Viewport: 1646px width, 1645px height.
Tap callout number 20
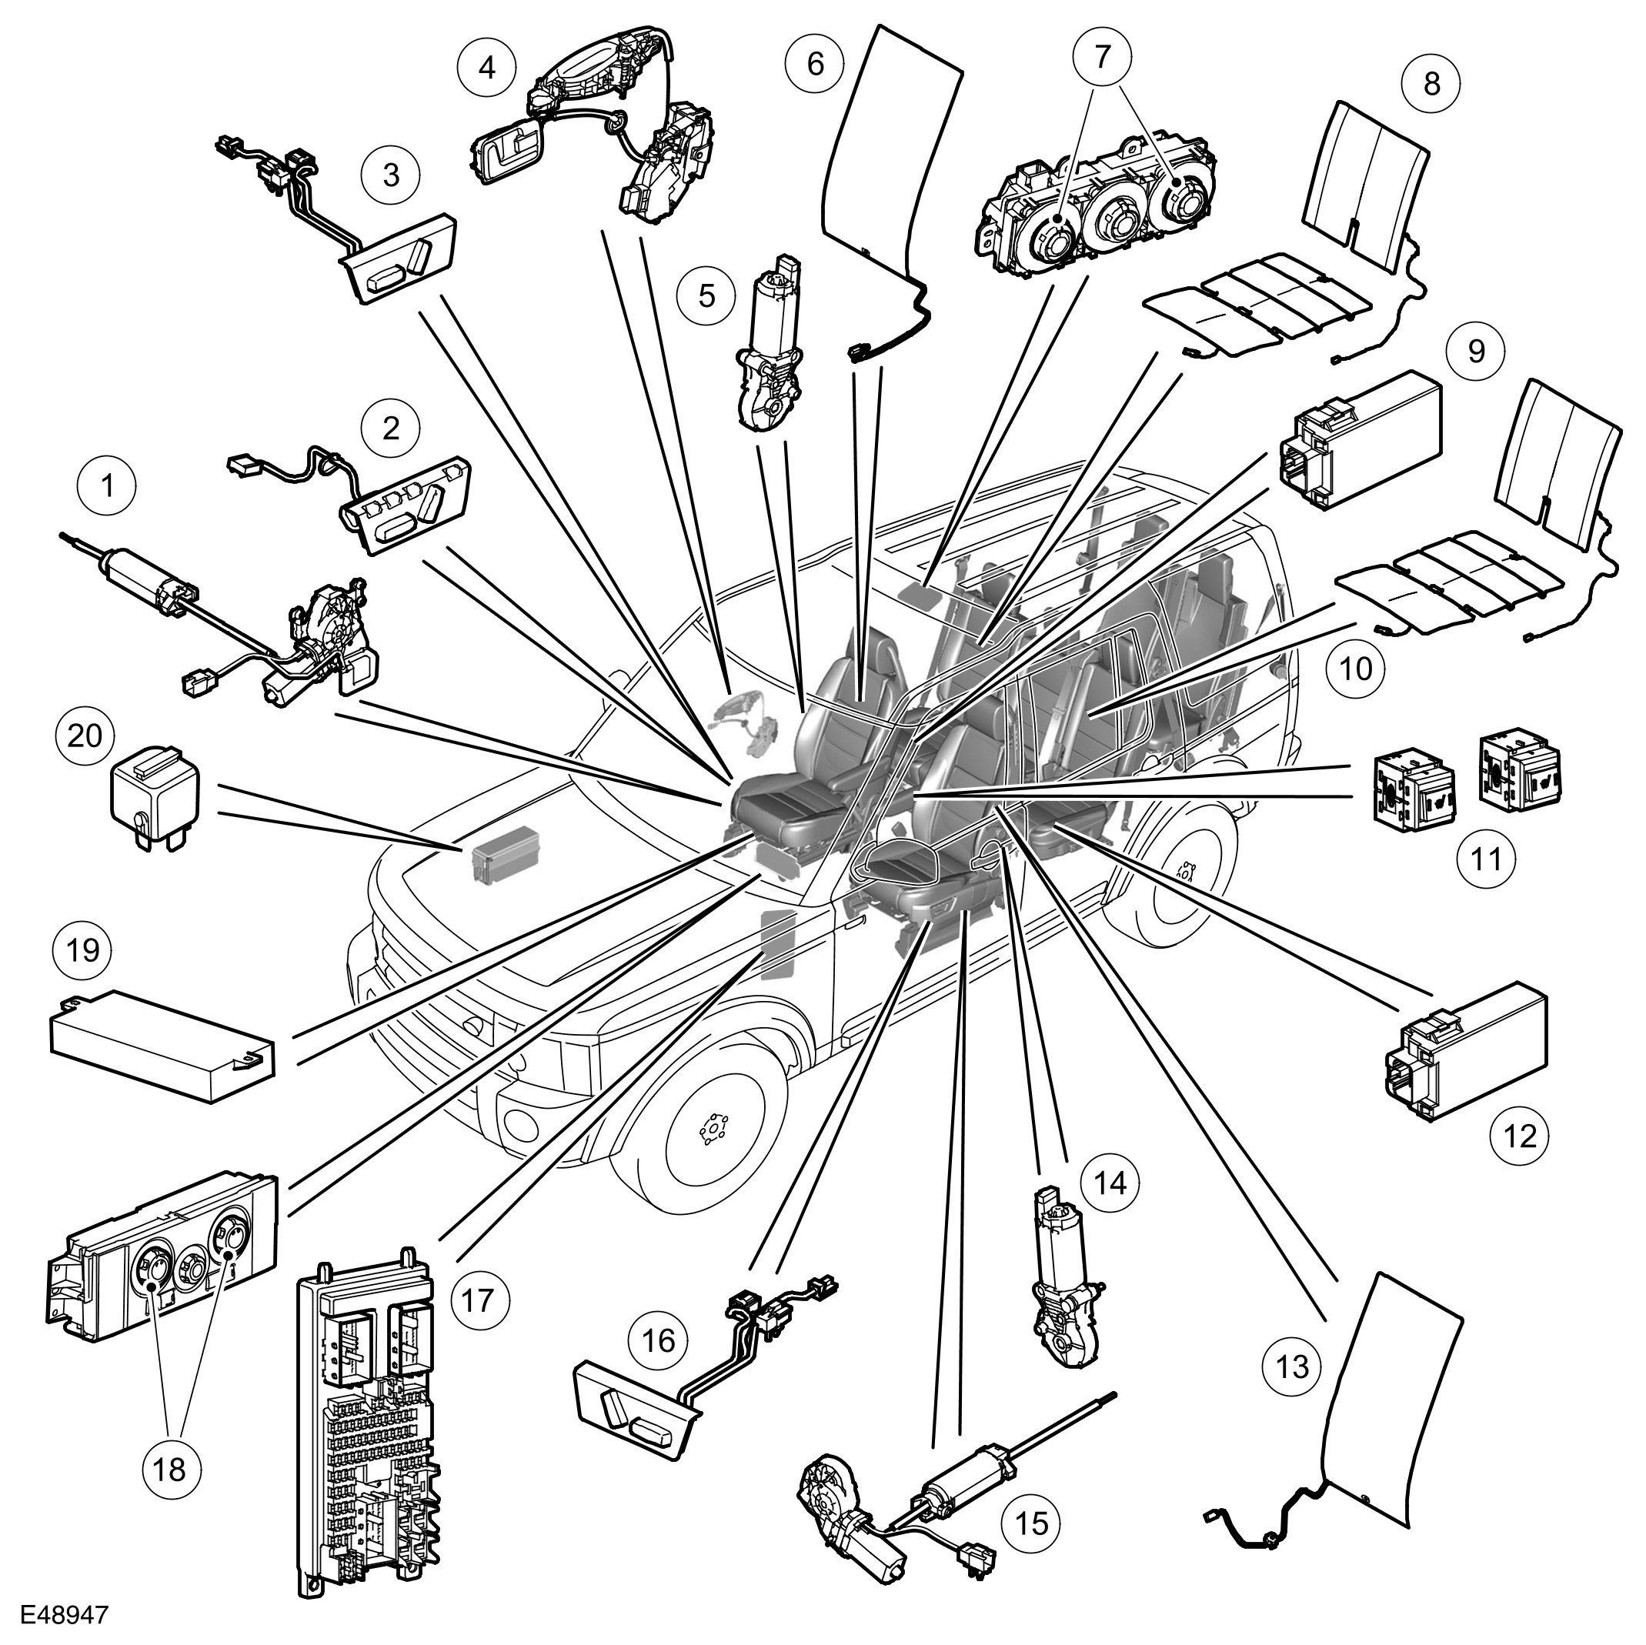(85, 736)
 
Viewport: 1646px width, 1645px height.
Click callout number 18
(170, 1468)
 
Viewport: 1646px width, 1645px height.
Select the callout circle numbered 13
(1291, 1367)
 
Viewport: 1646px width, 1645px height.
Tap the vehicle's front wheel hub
(709, 1130)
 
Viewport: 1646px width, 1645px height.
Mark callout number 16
(659, 1340)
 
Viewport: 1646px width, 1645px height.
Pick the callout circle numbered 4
(486, 66)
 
